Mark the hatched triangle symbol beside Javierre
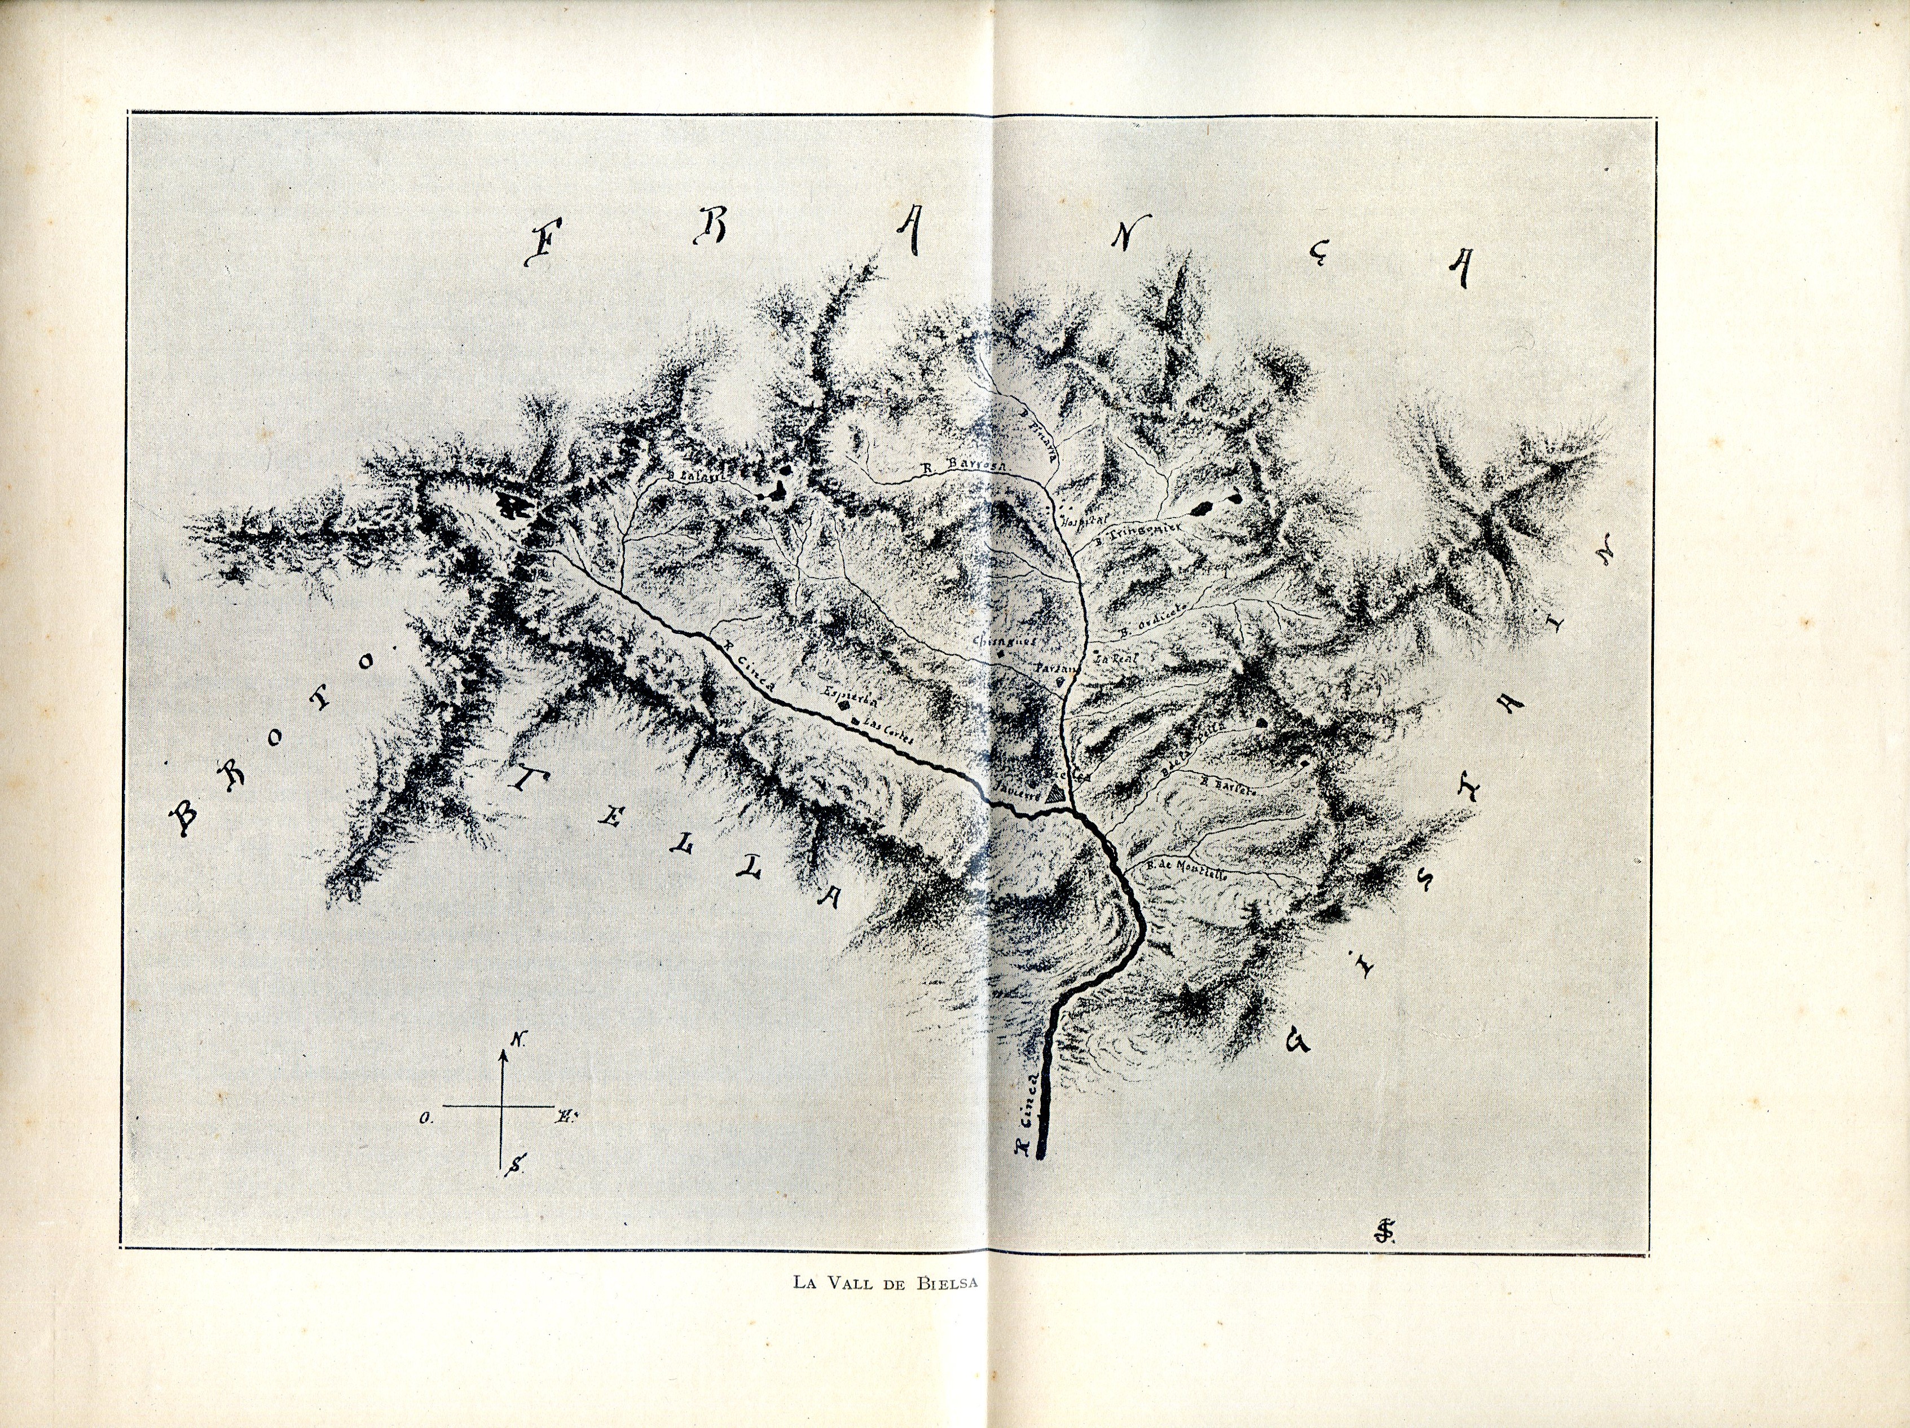coord(1054,795)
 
